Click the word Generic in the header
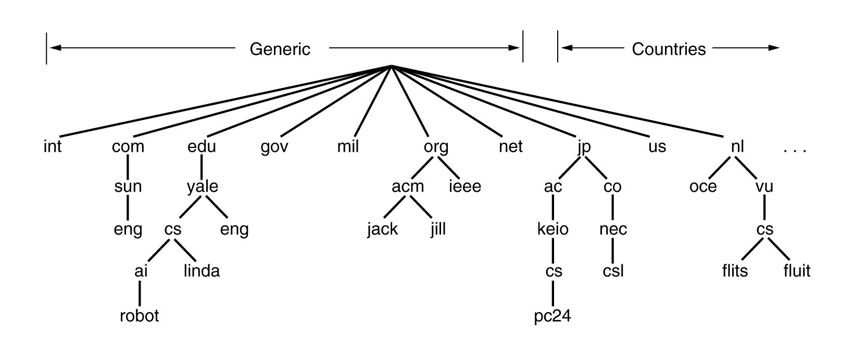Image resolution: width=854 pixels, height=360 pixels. pyautogui.click(x=280, y=49)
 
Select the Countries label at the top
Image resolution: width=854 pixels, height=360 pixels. pyautogui.click(x=669, y=49)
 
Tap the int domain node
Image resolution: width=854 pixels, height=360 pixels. pyautogui.click(x=53, y=147)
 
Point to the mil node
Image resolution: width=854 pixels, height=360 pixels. pyautogui.click(x=348, y=147)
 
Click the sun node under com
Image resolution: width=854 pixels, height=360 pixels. pyautogui.click(x=128, y=187)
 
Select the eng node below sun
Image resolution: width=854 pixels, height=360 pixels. pyautogui.click(x=128, y=230)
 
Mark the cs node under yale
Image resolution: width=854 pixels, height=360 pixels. pyautogui.click(x=173, y=229)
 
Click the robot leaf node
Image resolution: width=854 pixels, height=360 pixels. pyautogui.click(x=139, y=316)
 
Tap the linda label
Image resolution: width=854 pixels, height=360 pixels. pyautogui.click(x=202, y=271)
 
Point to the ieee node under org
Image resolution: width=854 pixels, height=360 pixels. pyautogui.click(x=465, y=187)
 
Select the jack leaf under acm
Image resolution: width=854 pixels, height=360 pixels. pyautogui.click(x=382, y=229)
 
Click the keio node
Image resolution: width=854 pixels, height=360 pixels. pyautogui.click(x=553, y=229)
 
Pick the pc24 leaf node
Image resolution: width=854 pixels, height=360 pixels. pyautogui.click(x=553, y=316)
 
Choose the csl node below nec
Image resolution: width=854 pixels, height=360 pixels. pyautogui.click(x=613, y=271)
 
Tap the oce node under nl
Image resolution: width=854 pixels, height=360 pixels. pyautogui.click(x=703, y=187)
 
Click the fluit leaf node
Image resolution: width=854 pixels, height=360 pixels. pyautogui.click(x=797, y=271)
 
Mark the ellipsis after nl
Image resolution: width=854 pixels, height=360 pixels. pyautogui.click(x=795, y=150)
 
